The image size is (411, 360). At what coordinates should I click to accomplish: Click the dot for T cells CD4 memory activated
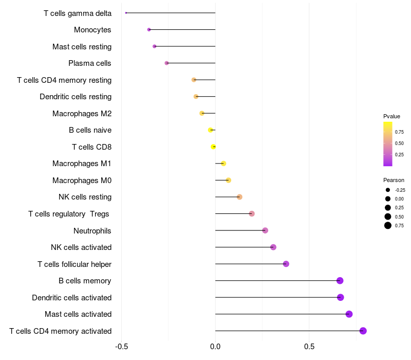click(363, 331)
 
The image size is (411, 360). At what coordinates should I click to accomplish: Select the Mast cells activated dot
click(349, 314)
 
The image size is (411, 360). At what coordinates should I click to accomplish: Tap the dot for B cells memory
click(340, 281)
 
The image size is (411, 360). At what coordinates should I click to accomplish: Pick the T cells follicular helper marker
click(286, 264)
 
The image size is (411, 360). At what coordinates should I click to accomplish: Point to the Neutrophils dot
click(265, 230)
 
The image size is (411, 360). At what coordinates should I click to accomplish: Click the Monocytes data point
click(149, 30)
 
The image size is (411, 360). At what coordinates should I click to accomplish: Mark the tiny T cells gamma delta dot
click(126, 13)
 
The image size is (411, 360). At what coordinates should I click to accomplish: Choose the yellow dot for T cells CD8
click(213, 147)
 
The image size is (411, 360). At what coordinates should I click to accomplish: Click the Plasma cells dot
click(166, 63)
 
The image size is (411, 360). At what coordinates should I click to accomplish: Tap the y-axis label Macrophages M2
click(82, 113)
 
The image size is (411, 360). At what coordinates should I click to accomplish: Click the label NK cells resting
click(85, 197)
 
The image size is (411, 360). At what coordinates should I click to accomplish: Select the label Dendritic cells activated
click(71, 297)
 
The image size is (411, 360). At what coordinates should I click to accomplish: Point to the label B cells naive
click(90, 130)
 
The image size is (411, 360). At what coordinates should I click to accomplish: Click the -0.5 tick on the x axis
click(121, 347)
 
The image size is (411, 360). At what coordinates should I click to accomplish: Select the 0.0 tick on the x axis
click(215, 347)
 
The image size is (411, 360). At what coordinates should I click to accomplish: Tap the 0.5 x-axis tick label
click(309, 347)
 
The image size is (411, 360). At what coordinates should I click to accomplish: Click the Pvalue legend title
click(391, 116)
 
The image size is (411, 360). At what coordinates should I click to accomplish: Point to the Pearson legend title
click(394, 180)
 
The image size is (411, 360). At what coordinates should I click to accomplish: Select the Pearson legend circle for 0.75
click(388, 225)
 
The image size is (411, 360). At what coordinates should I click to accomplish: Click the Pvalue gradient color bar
click(388, 144)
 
